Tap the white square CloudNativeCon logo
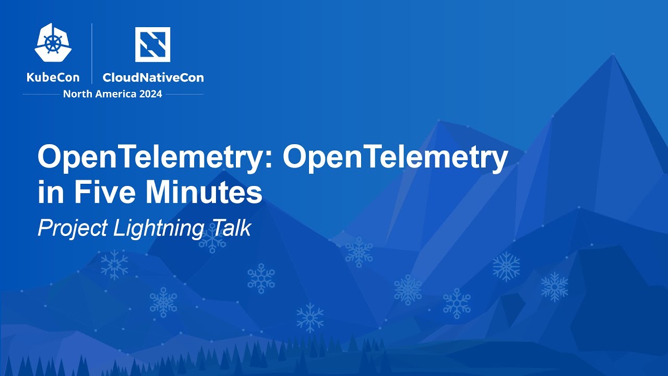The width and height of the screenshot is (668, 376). [x=152, y=44]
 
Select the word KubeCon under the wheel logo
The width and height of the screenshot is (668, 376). [x=53, y=78]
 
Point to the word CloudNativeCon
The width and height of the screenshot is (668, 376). [x=153, y=78]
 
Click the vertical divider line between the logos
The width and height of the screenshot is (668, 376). [x=92, y=53]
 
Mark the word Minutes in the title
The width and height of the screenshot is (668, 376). [x=204, y=193]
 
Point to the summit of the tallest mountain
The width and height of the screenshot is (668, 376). [x=613, y=54]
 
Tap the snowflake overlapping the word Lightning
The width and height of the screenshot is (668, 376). [x=211, y=239]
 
